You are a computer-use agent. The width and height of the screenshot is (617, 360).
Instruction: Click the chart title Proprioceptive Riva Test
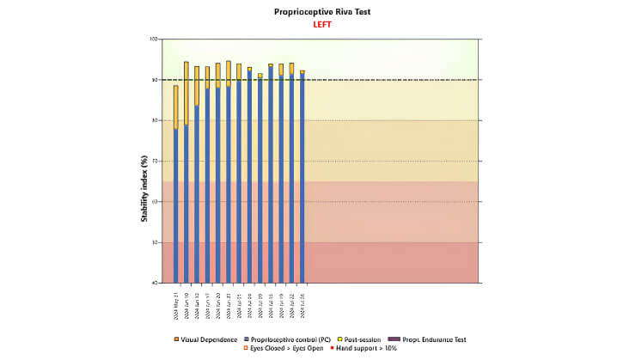pos(308,12)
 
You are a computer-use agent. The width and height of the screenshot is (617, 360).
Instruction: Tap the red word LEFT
pos(308,24)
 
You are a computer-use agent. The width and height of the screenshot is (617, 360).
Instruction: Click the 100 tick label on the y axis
pos(155,40)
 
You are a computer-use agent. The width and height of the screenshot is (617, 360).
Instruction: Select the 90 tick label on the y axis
pos(156,80)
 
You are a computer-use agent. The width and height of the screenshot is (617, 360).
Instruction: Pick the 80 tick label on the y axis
pos(156,120)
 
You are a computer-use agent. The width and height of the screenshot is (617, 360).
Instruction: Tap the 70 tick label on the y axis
pos(156,161)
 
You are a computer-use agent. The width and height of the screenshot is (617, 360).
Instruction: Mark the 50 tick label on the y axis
pos(156,242)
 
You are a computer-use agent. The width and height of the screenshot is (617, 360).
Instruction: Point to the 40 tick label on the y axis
pos(156,283)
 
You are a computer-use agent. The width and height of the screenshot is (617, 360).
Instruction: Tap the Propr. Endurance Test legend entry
pos(425,339)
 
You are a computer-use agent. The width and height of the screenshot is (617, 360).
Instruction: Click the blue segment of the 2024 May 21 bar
pos(176,206)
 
